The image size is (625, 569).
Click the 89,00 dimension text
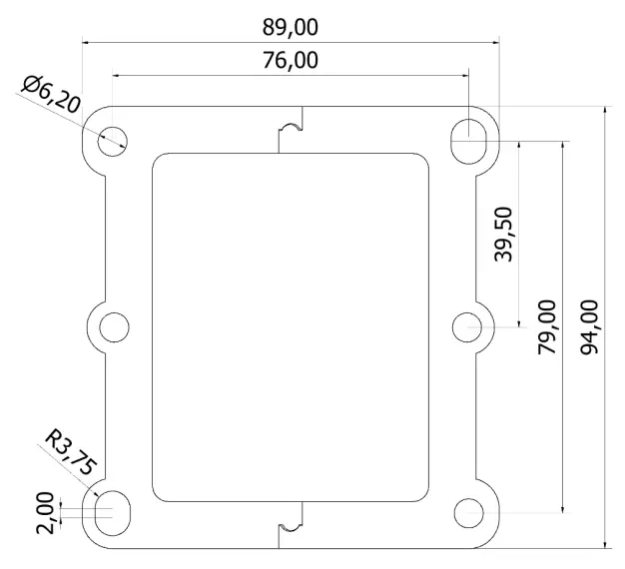(290, 25)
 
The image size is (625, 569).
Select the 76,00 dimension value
(290, 60)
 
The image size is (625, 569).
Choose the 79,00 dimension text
(548, 325)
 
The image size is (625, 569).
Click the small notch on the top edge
(290, 129)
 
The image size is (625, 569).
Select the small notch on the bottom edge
(290, 522)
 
